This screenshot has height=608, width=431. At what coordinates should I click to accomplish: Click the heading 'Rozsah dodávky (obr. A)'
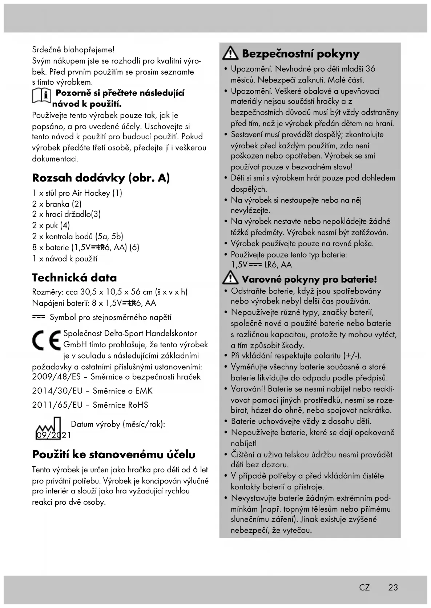click(x=101, y=178)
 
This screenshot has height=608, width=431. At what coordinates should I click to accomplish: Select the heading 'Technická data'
click(x=74, y=278)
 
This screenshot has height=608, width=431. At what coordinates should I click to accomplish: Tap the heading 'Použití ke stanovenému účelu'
click(x=114, y=454)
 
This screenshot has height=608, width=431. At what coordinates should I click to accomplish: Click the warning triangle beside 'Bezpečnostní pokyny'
click(x=230, y=54)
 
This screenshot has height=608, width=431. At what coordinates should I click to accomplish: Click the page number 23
click(x=393, y=587)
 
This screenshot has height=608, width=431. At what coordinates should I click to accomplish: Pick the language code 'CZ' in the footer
click(x=364, y=587)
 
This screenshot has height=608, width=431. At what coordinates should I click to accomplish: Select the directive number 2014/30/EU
click(x=57, y=391)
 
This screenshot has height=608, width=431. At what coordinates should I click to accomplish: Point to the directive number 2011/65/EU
click(x=57, y=405)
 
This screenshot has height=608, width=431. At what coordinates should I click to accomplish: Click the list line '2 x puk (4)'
click(x=51, y=225)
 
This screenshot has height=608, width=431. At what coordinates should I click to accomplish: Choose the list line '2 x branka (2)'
click(x=57, y=204)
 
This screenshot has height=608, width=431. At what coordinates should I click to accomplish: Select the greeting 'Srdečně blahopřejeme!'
click(x=73, y=49)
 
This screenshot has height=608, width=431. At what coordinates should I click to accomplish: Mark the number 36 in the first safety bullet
click(x=370, y=69)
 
